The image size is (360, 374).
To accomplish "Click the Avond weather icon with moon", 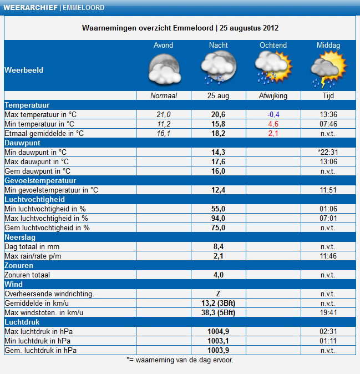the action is pyautogui.click(x=164, y=69).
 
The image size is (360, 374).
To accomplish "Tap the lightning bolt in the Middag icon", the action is pyautogui.click(x=323, y=82).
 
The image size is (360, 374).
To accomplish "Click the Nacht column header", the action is pyautogui.click(x=219, y=45).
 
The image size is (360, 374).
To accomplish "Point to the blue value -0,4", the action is pyautogui.click(x=273, y=114).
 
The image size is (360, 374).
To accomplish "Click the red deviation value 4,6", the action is pyautogui.click(x=273, y=124).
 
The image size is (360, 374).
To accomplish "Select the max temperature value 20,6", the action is pyautogui.click(x=218, y=114).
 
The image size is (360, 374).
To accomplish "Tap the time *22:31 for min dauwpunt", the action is pyautogui.click(x=328, y=152).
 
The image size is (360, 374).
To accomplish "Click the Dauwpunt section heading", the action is pyautogui.click(x=22, y=143).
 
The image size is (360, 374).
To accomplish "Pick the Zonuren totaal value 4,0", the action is pyautogui.click(x=219, y=275).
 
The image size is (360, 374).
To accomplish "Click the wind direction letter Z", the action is pyautogui.click(x=218, y=294).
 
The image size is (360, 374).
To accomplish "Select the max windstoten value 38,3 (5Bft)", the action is pyautogui.click(x=218, y=312).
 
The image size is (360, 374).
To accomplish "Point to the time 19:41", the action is pyautogui.click(x=328, y=312).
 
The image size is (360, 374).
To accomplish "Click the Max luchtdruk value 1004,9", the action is pyautogui.click(x=218, y=331).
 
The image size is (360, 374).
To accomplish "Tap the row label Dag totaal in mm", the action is pyautogui.click(x=32, y=246).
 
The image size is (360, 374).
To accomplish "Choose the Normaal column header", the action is pyautogui.click(x=164, y=95).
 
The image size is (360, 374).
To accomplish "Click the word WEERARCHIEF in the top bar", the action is pyautogui.click(x=31, y=8).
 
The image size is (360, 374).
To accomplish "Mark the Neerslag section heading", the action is pyautogui.click(x=20, y=237).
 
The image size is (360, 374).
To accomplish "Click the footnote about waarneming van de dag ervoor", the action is pyautogui.click(x=180, y=360).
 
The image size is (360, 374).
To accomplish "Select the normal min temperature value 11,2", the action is pyautogui.click(x=164, y=124).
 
